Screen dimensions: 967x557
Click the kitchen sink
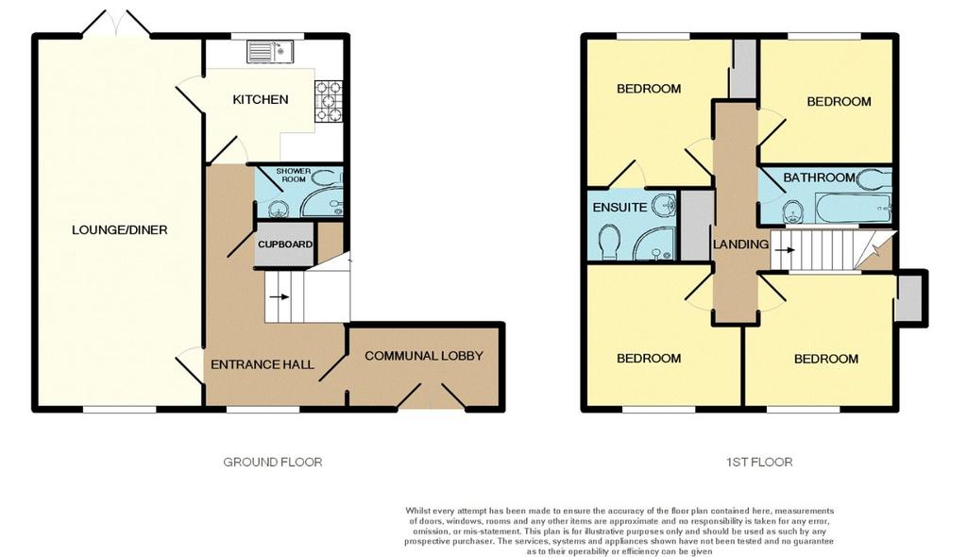tap(271, 51)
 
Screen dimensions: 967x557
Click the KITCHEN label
tap(261, 99)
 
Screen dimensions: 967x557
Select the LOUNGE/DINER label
tap(120, 230)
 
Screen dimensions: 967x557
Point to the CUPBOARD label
tap(285, 245)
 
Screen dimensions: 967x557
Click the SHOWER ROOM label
tap(294, 176)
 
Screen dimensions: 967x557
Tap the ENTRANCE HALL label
tap(263, 364)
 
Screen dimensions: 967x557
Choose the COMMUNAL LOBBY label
tap(424, 356)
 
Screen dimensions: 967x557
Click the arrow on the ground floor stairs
tap(280, 297)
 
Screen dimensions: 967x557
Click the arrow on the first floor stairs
tap(785, 250)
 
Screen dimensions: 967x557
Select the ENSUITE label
tap(619, 208)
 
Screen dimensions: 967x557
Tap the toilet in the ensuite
tap(611, 241)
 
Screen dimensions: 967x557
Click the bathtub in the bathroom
tap(854, 209)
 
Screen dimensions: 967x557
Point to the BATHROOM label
tap(819, 177)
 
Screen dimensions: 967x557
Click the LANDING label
tap(740, 245)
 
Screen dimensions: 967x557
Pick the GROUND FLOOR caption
tap(273, 462)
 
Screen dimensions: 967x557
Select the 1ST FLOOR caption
tap(759, 462)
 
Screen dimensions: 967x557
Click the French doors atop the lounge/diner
tap(116, 24)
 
